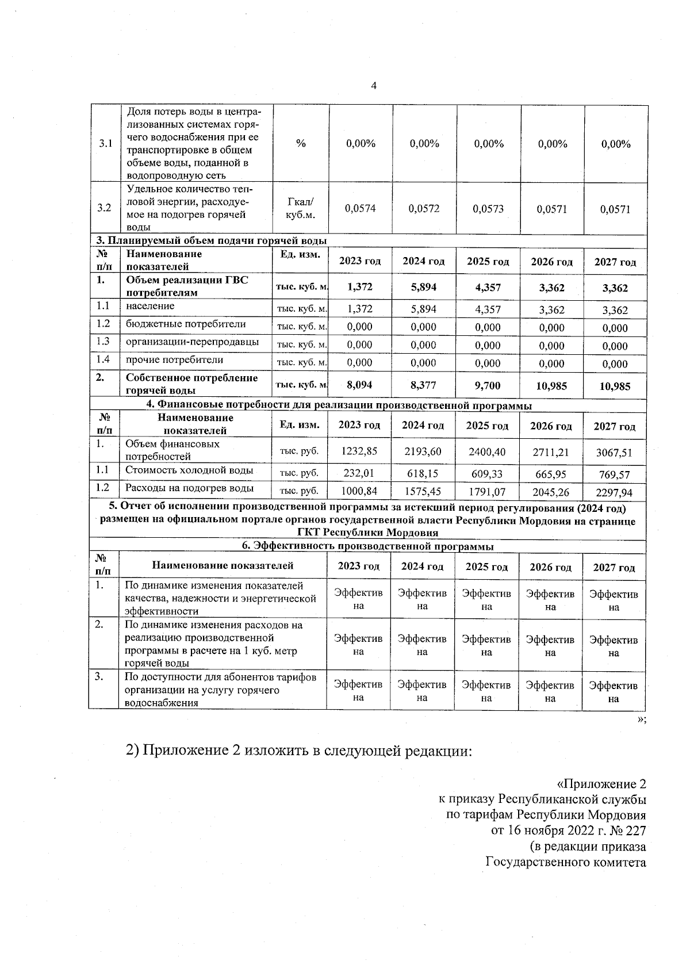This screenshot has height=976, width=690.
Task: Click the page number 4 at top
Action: point(374,86)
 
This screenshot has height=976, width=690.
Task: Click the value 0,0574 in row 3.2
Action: point(361,209)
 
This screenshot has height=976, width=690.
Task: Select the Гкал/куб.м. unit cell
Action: point(301,208)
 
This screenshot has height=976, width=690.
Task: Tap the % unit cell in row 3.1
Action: point(301,144)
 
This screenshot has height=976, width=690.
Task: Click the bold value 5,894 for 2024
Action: point(424,288)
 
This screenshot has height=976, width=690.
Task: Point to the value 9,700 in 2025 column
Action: point(488,385)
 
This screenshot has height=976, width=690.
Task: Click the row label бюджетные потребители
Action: point(186,324)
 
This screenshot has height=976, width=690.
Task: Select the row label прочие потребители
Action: point(174,360)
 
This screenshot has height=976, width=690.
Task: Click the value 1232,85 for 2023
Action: point(359,451)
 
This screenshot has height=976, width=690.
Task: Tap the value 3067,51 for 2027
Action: point(614,453)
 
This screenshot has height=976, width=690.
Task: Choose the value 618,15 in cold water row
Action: point(423,474)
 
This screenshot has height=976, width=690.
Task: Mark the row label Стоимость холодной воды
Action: point(189,470)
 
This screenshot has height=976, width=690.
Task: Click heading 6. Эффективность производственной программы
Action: point(367,546)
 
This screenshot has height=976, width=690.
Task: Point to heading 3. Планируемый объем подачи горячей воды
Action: point(211,240)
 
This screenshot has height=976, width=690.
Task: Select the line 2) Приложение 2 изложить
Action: point(299,751)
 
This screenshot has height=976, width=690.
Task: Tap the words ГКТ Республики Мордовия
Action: point(367,533)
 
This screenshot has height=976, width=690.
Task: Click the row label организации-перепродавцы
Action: point(192,342)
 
